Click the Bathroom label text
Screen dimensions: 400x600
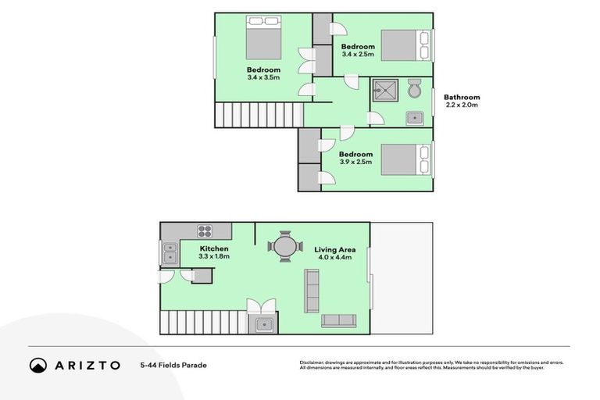(462, 98)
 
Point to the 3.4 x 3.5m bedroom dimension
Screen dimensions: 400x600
(263, 77)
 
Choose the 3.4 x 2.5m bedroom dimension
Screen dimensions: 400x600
(358, 55)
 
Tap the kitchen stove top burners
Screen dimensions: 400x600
(205, 230)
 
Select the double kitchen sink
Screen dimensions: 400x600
(170, 253)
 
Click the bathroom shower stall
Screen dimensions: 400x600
(384, 91)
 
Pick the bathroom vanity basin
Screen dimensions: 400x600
(414, 118)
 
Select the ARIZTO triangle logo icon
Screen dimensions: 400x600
(38, 365)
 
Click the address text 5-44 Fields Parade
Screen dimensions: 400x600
(173, 365)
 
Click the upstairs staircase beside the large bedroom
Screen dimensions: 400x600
(257, 116)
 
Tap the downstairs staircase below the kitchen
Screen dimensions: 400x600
(203, 321)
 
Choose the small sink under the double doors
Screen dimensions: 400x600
(262, 323)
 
